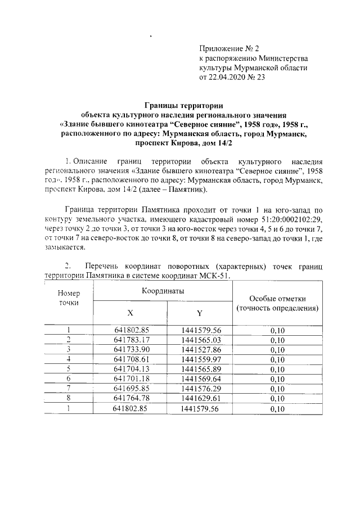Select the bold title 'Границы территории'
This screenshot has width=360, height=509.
[x=184, y=105]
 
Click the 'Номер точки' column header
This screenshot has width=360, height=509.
[x=69, y=298]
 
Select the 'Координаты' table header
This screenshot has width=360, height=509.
[x=163, y=291]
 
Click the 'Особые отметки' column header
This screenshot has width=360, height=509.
[x=277, y=304]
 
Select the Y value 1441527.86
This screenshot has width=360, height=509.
[x=201, y=349]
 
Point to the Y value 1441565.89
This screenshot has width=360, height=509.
[x=201, y=369]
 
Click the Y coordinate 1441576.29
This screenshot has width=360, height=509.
[x=201, y=388]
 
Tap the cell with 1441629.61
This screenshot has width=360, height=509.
[x=201, y=398]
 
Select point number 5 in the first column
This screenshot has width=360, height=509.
[x=69, y=369]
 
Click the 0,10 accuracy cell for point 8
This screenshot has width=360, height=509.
[x=277, y=398]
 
